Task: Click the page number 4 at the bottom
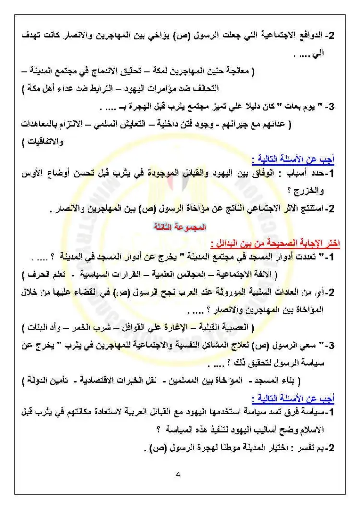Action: coord(179,475)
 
